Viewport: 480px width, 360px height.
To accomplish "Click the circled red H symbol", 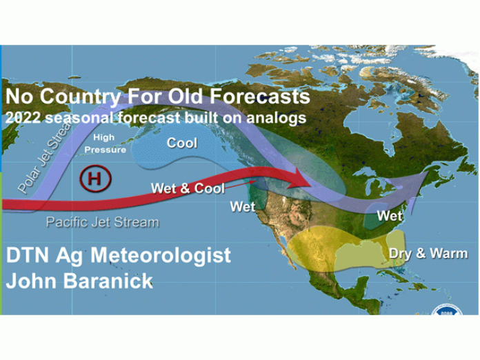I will [x=95, y=178].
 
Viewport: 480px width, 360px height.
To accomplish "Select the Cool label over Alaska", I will [x=182, y=143].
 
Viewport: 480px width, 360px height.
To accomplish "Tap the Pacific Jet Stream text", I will [x=102, y=222].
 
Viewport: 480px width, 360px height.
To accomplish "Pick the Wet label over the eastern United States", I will [x=389, y=216].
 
